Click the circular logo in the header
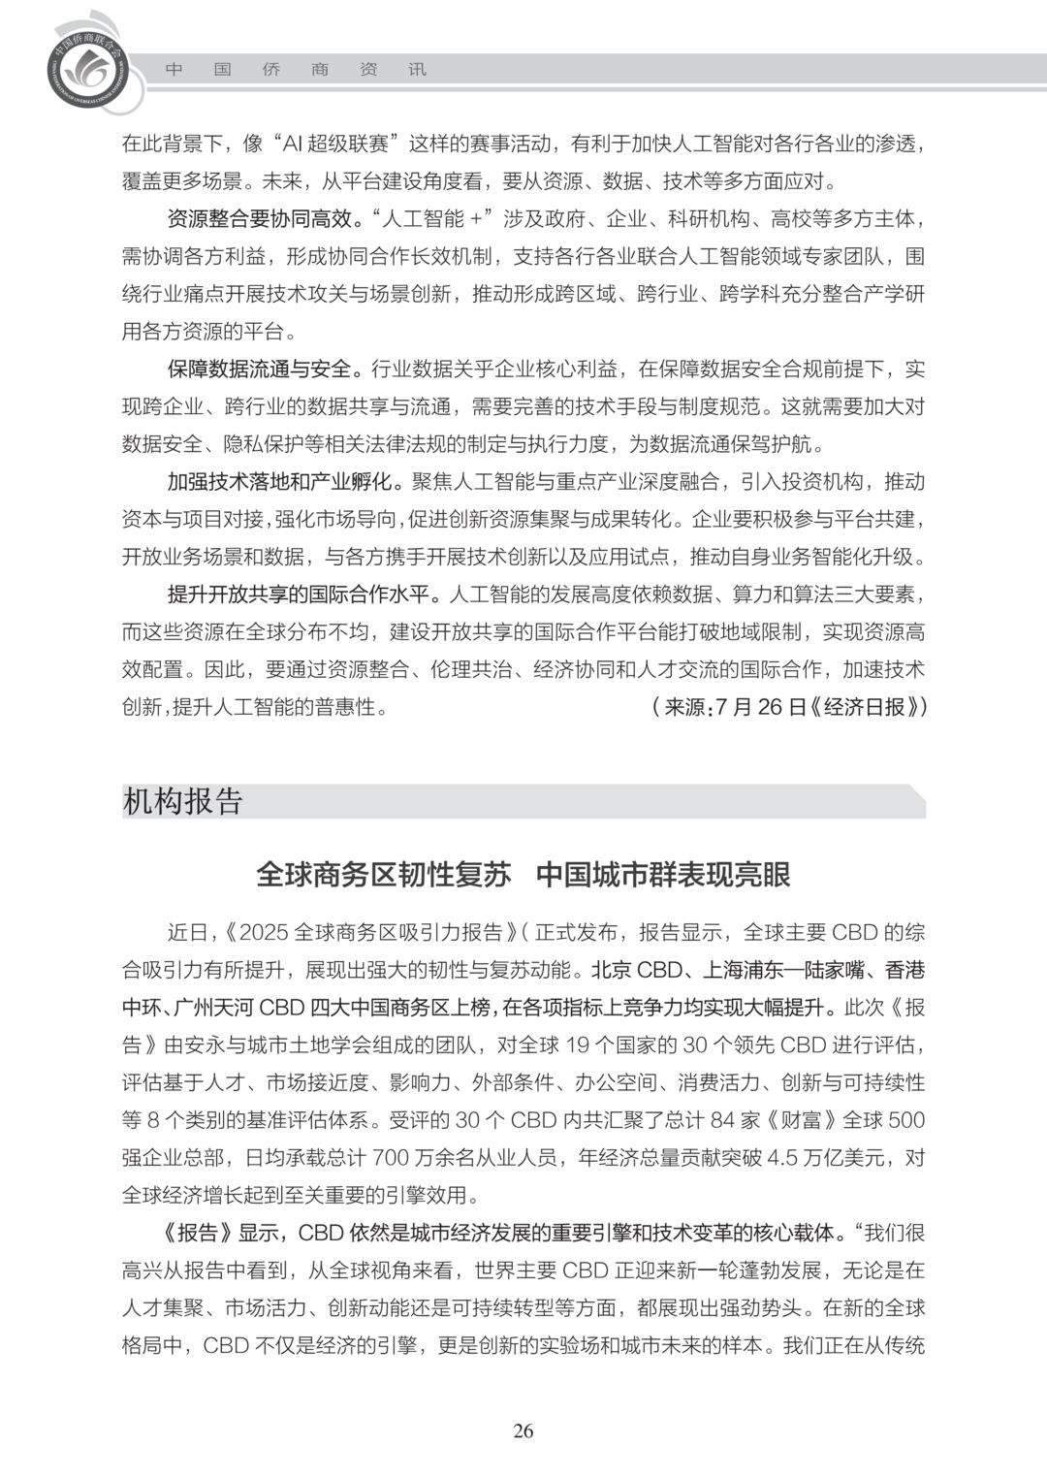tap(84, 66)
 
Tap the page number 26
tap(523, 1431)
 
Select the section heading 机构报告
tap(182, 802)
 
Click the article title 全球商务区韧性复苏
tap(383, 875)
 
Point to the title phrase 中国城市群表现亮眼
tap(663, 875)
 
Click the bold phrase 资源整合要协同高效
tap(259, 219)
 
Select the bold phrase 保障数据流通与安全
tap(259, 370)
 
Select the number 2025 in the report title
tap(263, 933)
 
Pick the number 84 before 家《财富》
tap(722, 1120)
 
